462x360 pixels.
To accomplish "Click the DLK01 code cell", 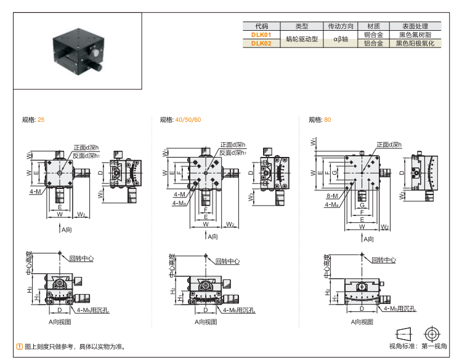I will click(261, 35).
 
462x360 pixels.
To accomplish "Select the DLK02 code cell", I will click(261, 44).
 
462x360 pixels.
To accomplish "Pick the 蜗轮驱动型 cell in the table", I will click(301, 39).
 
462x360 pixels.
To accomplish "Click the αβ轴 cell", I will click(341, 39).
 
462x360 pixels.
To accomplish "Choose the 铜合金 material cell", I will click(373, 35).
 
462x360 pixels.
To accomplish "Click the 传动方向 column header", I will click(341, 26).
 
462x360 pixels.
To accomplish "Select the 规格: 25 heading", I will click(33, 119).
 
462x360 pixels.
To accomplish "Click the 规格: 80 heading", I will click(320, 119).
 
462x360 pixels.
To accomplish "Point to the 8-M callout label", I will click(333, 196).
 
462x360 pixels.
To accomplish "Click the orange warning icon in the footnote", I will click(19, 346).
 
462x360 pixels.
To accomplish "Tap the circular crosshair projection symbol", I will click(434, 333).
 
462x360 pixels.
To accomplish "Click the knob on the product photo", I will click(97, 63).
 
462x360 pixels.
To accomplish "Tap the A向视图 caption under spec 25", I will click(60, 321).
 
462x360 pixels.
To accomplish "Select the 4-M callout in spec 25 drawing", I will click(35, 191).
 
